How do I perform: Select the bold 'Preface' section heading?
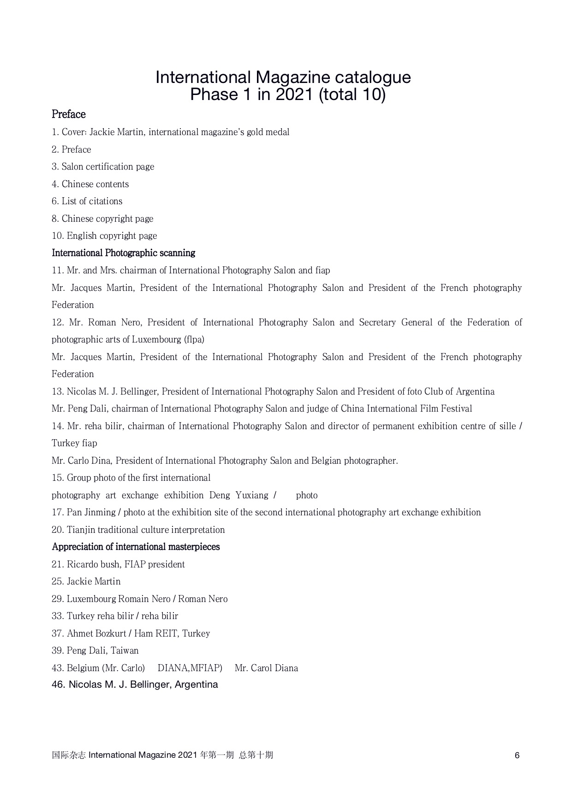(x=69, y=114)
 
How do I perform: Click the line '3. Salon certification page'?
(x=103, y=167)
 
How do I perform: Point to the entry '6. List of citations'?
(x=87, y=201)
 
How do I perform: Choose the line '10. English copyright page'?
(x=104, y=236)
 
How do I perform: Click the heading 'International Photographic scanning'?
(x=123, y=253)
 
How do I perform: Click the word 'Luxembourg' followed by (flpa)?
(x=156, y=340)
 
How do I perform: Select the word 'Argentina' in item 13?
(x=475, y=392)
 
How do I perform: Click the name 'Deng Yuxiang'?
(x=238, y=495)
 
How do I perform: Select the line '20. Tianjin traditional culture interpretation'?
(x=138, y=530)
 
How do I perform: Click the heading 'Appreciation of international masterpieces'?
(x=136, y=547)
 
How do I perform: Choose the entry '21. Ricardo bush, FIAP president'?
(x=118, y=565)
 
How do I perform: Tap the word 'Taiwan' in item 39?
(x=125, y=651)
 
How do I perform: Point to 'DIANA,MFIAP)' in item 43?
(x=190, y=668)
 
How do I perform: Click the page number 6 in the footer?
(x=517, y=755)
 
